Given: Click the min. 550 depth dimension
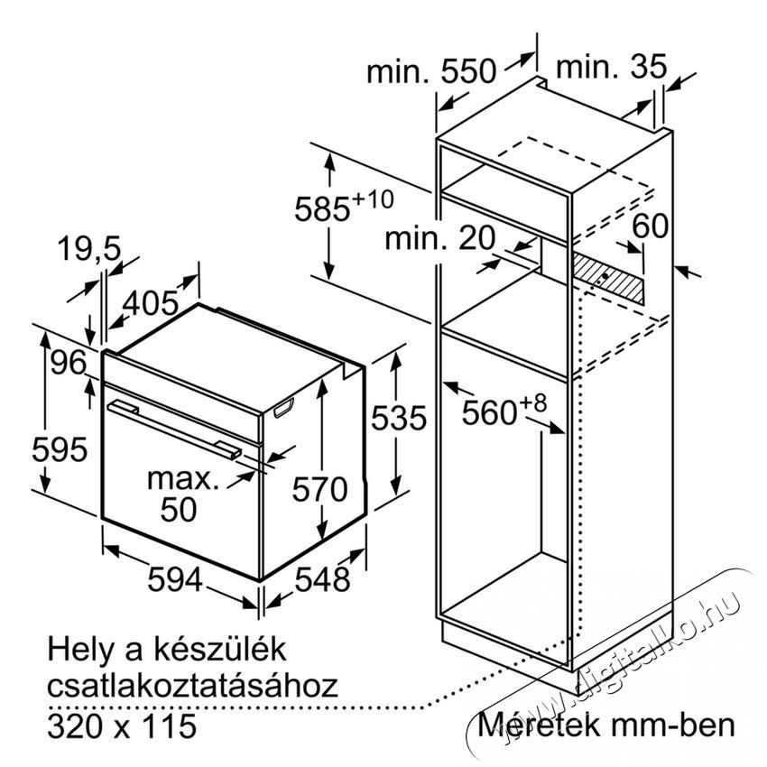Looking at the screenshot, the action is (x=431, y=71).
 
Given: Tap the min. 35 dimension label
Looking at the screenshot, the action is (x=612, y=66).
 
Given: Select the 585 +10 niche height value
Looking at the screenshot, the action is (x=344, y=207).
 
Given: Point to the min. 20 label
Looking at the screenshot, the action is (x=440, y=238).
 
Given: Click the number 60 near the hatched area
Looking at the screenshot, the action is (x=650, y=226).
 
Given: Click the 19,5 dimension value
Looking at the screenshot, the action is (x=89, y=249).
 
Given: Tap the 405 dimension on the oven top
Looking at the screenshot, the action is (x=150, y=303).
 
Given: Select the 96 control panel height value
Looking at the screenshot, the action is (x=69, y=363).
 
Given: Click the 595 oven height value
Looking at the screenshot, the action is (x=60, y=449).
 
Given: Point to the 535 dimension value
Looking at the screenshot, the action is (x=399, y=418).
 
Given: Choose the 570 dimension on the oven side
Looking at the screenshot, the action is (x=320, y=489).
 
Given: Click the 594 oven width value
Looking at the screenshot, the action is (x=175, y=579).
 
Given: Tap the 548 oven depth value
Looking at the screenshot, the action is (x=322, y=579).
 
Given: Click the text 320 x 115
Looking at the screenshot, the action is (x=122, y=725).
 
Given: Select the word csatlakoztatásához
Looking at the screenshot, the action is (x=193, y=686).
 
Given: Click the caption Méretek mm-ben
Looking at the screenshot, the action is (x=606, y=725).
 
